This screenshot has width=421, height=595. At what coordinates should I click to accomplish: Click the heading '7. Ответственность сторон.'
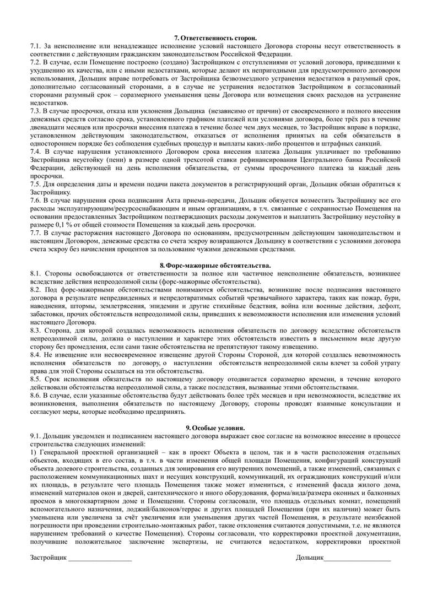pyautogui.click(x=210, y=37)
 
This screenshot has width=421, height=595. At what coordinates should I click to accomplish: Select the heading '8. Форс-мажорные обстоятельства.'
pyautogui.click(x=210, y=266)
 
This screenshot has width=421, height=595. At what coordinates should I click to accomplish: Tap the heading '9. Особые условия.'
pyautogui.click(x=210, y=428)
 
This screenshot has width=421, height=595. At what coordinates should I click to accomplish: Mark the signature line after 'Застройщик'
pyautogui.click(x=100, y=559)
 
